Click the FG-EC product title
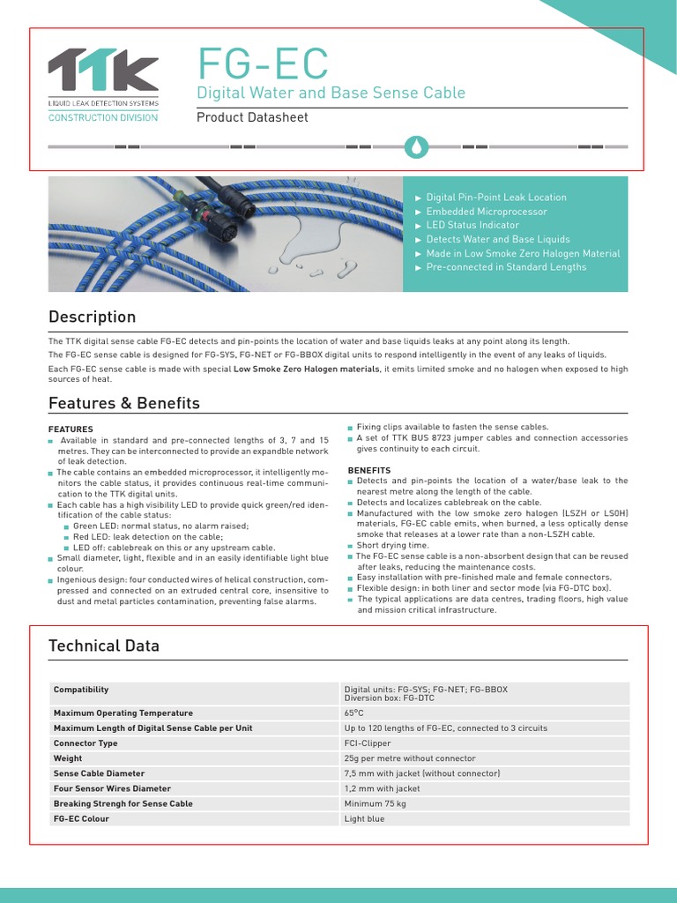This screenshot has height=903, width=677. click(x=262, y=63)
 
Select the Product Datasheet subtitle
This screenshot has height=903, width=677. click(x=251, y=117)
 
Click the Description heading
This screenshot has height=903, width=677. click(x=92, y=317)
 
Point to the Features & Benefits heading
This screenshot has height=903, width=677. click(x=123, y=403)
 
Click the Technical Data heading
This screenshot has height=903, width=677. click(x=103, y=646)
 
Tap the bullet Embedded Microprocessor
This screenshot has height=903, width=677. click(x=486, y=212)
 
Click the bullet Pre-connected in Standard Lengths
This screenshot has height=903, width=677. click(x=505, y=266)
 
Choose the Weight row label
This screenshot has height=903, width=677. click(x=68, y=758)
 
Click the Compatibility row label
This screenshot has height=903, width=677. click(x=81, y=690)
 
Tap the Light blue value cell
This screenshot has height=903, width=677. click(x=364, y=819)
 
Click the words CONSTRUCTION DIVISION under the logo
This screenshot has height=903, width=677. click(x=102, y=118)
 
